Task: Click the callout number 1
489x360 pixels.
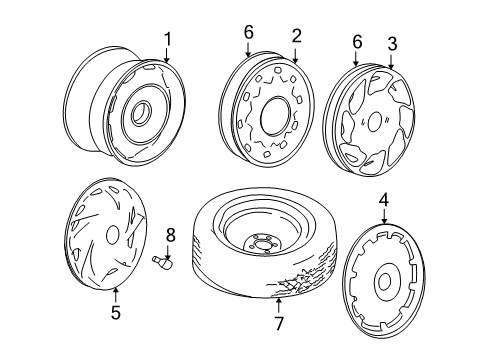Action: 167,39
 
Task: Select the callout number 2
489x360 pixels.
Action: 296,36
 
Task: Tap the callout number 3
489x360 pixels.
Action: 392,44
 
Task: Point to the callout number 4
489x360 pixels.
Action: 384,200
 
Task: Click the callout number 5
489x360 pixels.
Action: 116,312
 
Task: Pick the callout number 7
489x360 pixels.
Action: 279,323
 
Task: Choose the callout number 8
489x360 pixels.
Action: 170,235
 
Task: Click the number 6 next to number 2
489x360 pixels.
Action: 249,32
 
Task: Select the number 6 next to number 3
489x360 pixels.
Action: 357,42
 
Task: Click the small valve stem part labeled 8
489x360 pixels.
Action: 163,262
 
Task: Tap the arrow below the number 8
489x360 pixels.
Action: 168,252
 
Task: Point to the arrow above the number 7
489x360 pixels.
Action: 279,305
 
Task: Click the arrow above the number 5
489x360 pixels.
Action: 115,294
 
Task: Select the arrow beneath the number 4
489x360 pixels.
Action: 384,217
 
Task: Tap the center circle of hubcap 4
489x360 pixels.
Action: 384,281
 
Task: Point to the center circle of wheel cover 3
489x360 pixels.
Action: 375,121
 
